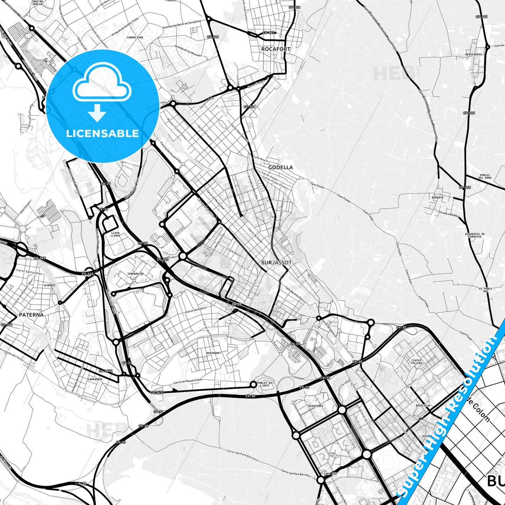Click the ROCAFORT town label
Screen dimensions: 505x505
pyautogui.click(x=276, y=49)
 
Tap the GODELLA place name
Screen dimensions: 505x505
pyautogui.click(x=281, y=167)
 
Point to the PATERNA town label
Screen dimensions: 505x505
pyautogui.click(x=31, y=315)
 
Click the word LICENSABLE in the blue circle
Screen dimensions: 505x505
pyautogui.click(x=102, y=134)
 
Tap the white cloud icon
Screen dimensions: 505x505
pyautogui.click(x=102, y=84)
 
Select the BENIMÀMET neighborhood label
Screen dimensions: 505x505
pyautogui.click(x=213, y=353)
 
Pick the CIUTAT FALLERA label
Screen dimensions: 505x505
pyautogui.click(x=417, y=362)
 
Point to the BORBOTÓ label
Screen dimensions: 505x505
pyautogui.click(x=438, y=197)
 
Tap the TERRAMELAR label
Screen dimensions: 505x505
pyautogui.click(x=135, y=274)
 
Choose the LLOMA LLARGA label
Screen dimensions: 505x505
pyautogui.click(x=115, y=234)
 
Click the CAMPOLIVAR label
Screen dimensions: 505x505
pyautogui.click(x=135, y=37)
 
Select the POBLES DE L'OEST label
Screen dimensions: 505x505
pyautogui.click(x=265, y=384)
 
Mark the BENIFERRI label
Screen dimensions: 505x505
pyautogui.click(x=316, y=406)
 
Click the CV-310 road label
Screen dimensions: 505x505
pyautogui.click(x=212, y=37)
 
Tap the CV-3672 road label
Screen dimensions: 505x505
pyautogui.click(x=106, y=371)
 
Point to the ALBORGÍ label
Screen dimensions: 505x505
pyautogui.click(x=50, y=285)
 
